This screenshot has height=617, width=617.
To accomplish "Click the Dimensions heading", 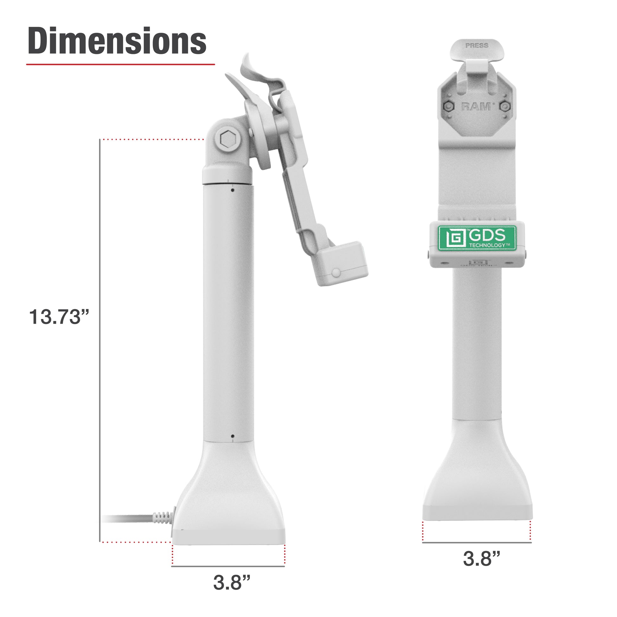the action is [117, 41].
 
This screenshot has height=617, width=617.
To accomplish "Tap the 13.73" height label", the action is [59, 317].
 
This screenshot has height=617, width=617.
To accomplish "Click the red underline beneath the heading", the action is [120, 64].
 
